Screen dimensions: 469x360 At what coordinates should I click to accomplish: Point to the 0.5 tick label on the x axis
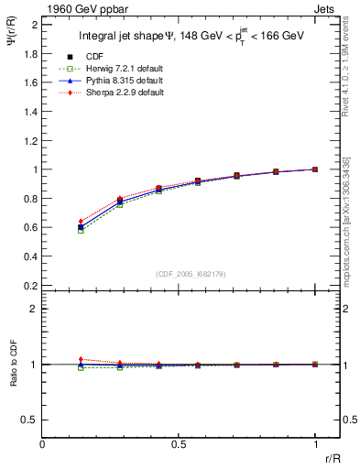tap(179, 444)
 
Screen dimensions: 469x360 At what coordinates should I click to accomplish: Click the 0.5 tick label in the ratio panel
tap(30, 420)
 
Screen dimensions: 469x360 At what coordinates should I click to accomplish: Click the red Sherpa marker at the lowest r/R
tap(81, 221)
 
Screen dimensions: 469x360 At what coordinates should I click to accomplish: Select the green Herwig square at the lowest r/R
tap(81, 231)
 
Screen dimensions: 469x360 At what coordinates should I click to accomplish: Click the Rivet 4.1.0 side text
tap(352, 73)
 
